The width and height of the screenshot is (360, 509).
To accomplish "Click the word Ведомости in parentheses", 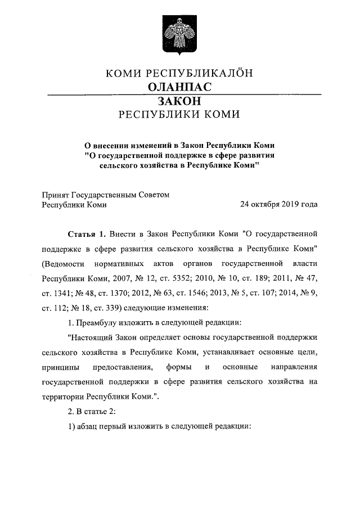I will tap(65, 263).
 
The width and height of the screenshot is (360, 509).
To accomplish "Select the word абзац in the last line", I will tap(91, 426).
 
